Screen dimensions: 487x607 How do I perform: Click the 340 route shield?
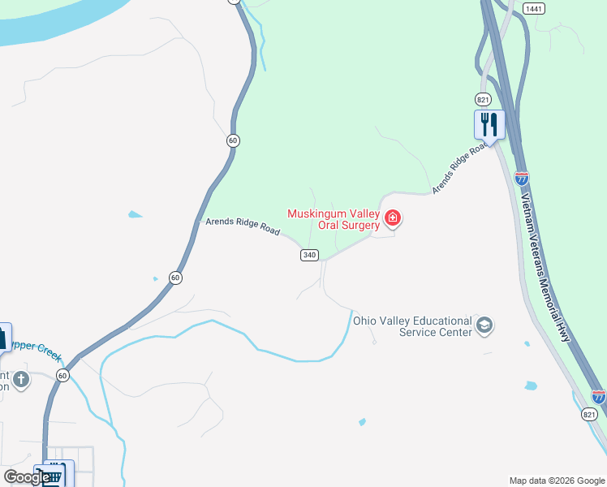point(308,255)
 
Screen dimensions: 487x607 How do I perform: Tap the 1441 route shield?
point(533,8)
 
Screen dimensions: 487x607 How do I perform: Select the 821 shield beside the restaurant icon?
point(484,99)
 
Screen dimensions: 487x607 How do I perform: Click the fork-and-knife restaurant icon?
point(489,124)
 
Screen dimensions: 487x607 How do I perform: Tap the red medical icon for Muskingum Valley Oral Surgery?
point(393,218)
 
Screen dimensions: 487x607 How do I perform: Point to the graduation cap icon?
point(484,325)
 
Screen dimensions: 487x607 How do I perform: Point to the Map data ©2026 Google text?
point(557,481)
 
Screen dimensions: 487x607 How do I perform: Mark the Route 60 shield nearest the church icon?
point(63,375)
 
